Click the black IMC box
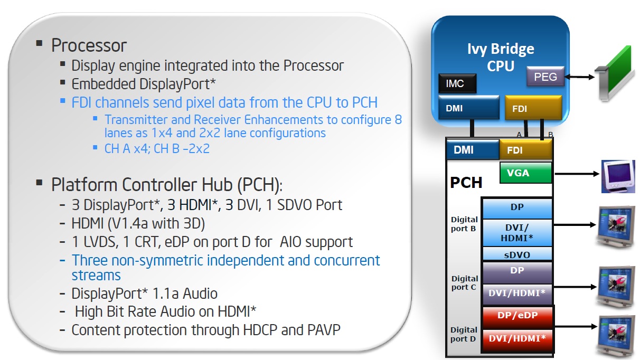coord(457,83)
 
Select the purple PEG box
coord(545,77)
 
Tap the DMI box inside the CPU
coord(468,108)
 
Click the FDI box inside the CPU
coord(533,108)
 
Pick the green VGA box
coord(526,173)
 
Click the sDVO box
coord(517,254)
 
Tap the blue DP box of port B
coord(517,209)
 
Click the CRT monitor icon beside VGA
coord(618,176)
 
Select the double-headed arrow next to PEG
coord(579,77)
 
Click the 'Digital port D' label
coord(464,334)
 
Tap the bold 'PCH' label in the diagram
coord(466,183)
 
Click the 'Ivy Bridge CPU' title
coord(501,57)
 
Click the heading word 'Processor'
coord(89,45)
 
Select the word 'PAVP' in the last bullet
coord(324,330)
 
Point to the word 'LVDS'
coord(100,242)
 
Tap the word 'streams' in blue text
coord(96,275)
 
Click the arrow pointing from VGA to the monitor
coord(577,174)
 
